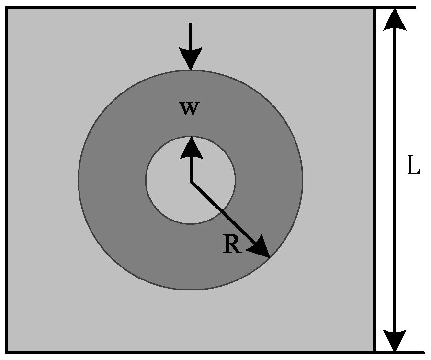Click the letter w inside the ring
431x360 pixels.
(x=190, y=108)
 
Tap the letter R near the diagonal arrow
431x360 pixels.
(x=232, y=245)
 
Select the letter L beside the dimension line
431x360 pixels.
(x=413, y=167)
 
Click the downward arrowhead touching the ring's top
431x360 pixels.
(x=191, y=59)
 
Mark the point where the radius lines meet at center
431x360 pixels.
(x=192, y=182)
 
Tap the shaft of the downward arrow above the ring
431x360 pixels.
(x=191, y=36)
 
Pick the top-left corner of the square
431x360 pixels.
(x=7, y=9)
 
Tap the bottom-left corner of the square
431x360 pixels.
(x=7, y=352)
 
